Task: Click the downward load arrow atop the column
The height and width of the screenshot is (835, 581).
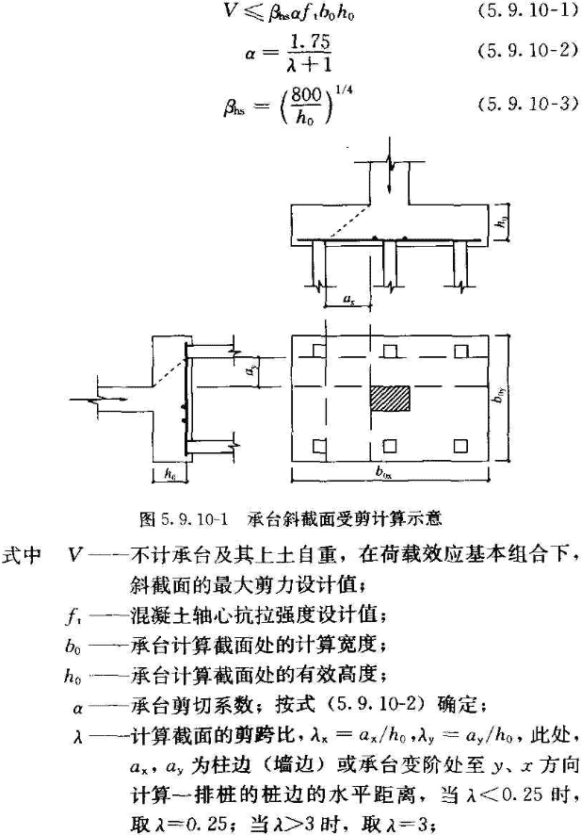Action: click(x=389, y=169)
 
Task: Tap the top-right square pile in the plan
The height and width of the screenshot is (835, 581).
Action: click(x=460, y=352)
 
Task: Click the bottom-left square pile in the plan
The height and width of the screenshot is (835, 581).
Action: click(x=319, y=445)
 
